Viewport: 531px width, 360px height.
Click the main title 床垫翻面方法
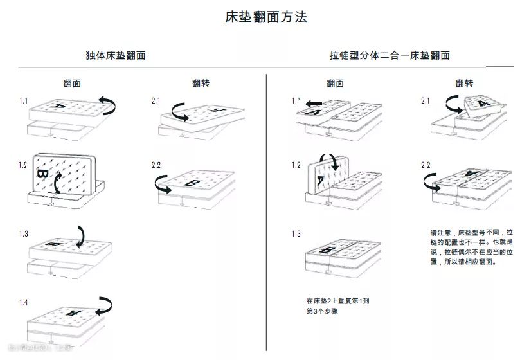click(265, 17)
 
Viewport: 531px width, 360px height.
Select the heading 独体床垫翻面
click(116, 55)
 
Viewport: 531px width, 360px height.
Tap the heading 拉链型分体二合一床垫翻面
click(390, 55)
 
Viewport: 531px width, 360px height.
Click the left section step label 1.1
click(24, 101)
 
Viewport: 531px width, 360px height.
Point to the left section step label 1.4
click(24, 302)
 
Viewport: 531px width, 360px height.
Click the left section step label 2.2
click(156, 165)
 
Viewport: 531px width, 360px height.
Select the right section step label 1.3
click(296, 233)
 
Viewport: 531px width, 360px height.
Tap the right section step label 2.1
click(426, 101)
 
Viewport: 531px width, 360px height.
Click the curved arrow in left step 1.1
click(107, 103)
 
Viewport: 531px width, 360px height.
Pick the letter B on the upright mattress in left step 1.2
click(42, 174)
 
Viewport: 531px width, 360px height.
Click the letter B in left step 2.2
click(192, 183)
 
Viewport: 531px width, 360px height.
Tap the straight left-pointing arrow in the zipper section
click(314, 103)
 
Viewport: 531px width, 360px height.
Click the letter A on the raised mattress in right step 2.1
click(482, 103)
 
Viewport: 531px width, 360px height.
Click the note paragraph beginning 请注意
click(471, 247)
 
